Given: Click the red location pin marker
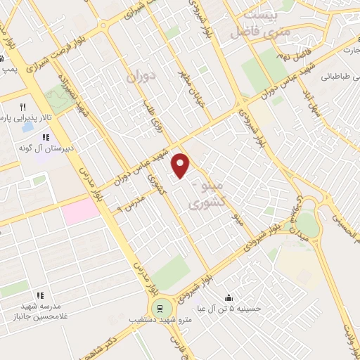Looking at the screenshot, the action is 181,165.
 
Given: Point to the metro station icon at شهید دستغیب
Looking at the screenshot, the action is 160,307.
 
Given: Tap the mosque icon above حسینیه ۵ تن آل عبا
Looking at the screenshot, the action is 228,297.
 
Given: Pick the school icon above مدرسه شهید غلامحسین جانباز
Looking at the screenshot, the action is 39,295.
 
